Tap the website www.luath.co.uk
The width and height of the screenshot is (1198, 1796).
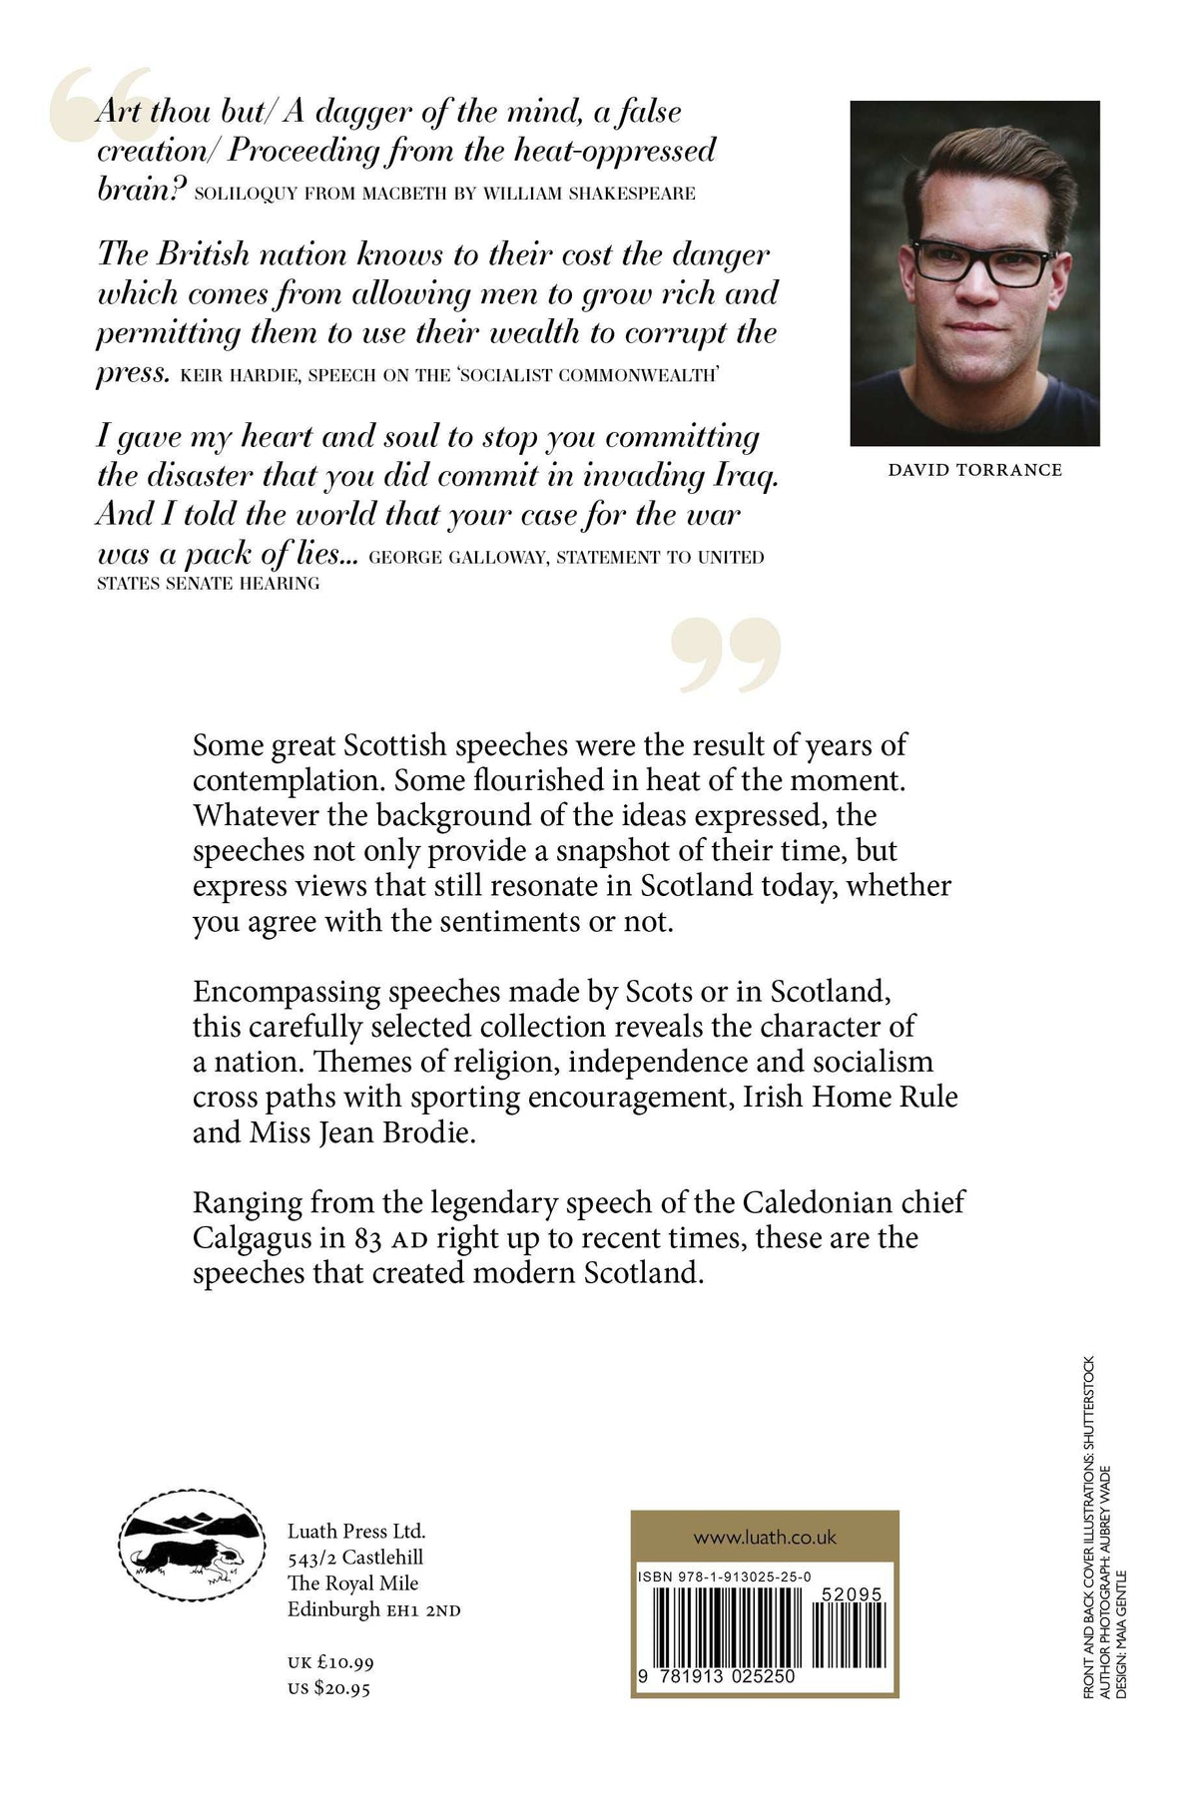[765, 1538]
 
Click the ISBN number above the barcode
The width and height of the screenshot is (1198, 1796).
[724, 1576]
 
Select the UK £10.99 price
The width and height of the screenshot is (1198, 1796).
[330, 1662]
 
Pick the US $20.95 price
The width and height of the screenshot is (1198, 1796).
[328, 1688]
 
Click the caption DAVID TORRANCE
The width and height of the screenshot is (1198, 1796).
[974, 470]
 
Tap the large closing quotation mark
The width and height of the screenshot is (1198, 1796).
[726, 654]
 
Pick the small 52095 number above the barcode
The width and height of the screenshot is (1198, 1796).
[851, 1595]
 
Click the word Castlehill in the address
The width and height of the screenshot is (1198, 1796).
[382, 1558]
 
